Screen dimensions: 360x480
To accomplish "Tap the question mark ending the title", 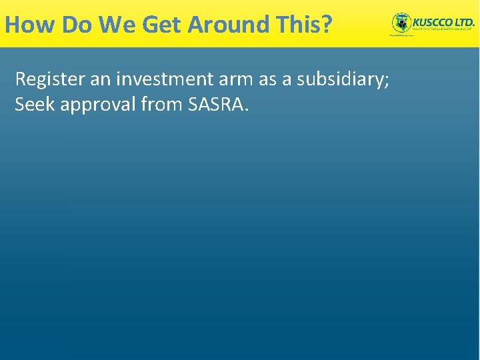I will pyautogui.click(x=326, y=25).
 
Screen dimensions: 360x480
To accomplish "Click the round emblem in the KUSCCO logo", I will pyautogui.click(x=401, y=23).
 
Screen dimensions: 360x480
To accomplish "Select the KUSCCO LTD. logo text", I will pyautogui.click(x=443, y=21).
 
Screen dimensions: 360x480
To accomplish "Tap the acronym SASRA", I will pyautogui.click(x=213, y=105).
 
